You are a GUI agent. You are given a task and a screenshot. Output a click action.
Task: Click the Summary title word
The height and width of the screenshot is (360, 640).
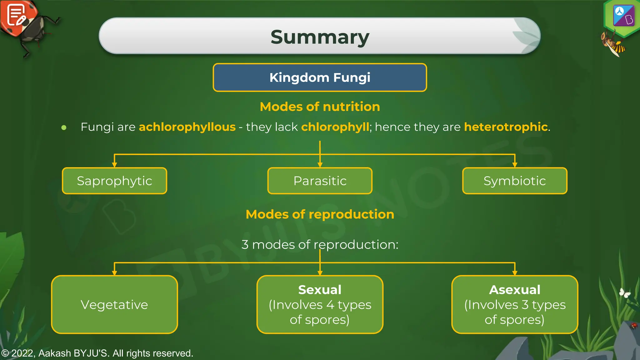point(320,37)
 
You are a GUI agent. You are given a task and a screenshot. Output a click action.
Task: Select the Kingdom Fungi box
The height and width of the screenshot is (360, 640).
point(320,77)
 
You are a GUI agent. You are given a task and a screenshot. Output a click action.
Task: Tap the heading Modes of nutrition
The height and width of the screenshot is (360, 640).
point(320,107)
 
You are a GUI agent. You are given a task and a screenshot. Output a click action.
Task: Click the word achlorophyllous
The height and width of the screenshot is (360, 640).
point(187,127)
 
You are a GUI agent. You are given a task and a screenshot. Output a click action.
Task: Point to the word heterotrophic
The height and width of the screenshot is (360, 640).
point(506,127)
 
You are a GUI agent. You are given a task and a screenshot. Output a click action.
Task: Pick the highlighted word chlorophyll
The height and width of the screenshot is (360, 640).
point(335,127)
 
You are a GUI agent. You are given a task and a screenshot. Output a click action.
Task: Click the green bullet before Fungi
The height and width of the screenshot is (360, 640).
point(64,127)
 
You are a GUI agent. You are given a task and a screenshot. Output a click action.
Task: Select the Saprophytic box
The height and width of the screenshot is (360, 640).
point(114,181)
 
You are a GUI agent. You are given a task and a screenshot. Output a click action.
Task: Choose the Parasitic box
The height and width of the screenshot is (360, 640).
point(320,181)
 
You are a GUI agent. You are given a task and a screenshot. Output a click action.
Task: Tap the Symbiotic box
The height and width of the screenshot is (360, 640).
point(515,181)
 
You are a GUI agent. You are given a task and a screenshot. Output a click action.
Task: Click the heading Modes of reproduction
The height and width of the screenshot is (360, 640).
point(320,214)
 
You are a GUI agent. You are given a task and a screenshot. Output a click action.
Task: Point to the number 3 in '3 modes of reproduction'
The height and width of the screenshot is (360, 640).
point(245,245)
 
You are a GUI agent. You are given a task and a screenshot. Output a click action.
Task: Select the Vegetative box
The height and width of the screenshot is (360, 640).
point(114,305)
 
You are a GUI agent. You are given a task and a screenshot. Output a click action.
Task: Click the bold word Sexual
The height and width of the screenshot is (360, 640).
point(320,290)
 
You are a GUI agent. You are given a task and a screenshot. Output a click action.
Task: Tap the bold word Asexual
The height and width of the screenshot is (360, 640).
point(515,290)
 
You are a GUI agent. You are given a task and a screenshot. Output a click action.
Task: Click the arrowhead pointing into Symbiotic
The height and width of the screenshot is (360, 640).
point(515,165)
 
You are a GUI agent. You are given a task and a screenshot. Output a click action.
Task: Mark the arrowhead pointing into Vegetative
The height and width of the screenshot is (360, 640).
point(114,273)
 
